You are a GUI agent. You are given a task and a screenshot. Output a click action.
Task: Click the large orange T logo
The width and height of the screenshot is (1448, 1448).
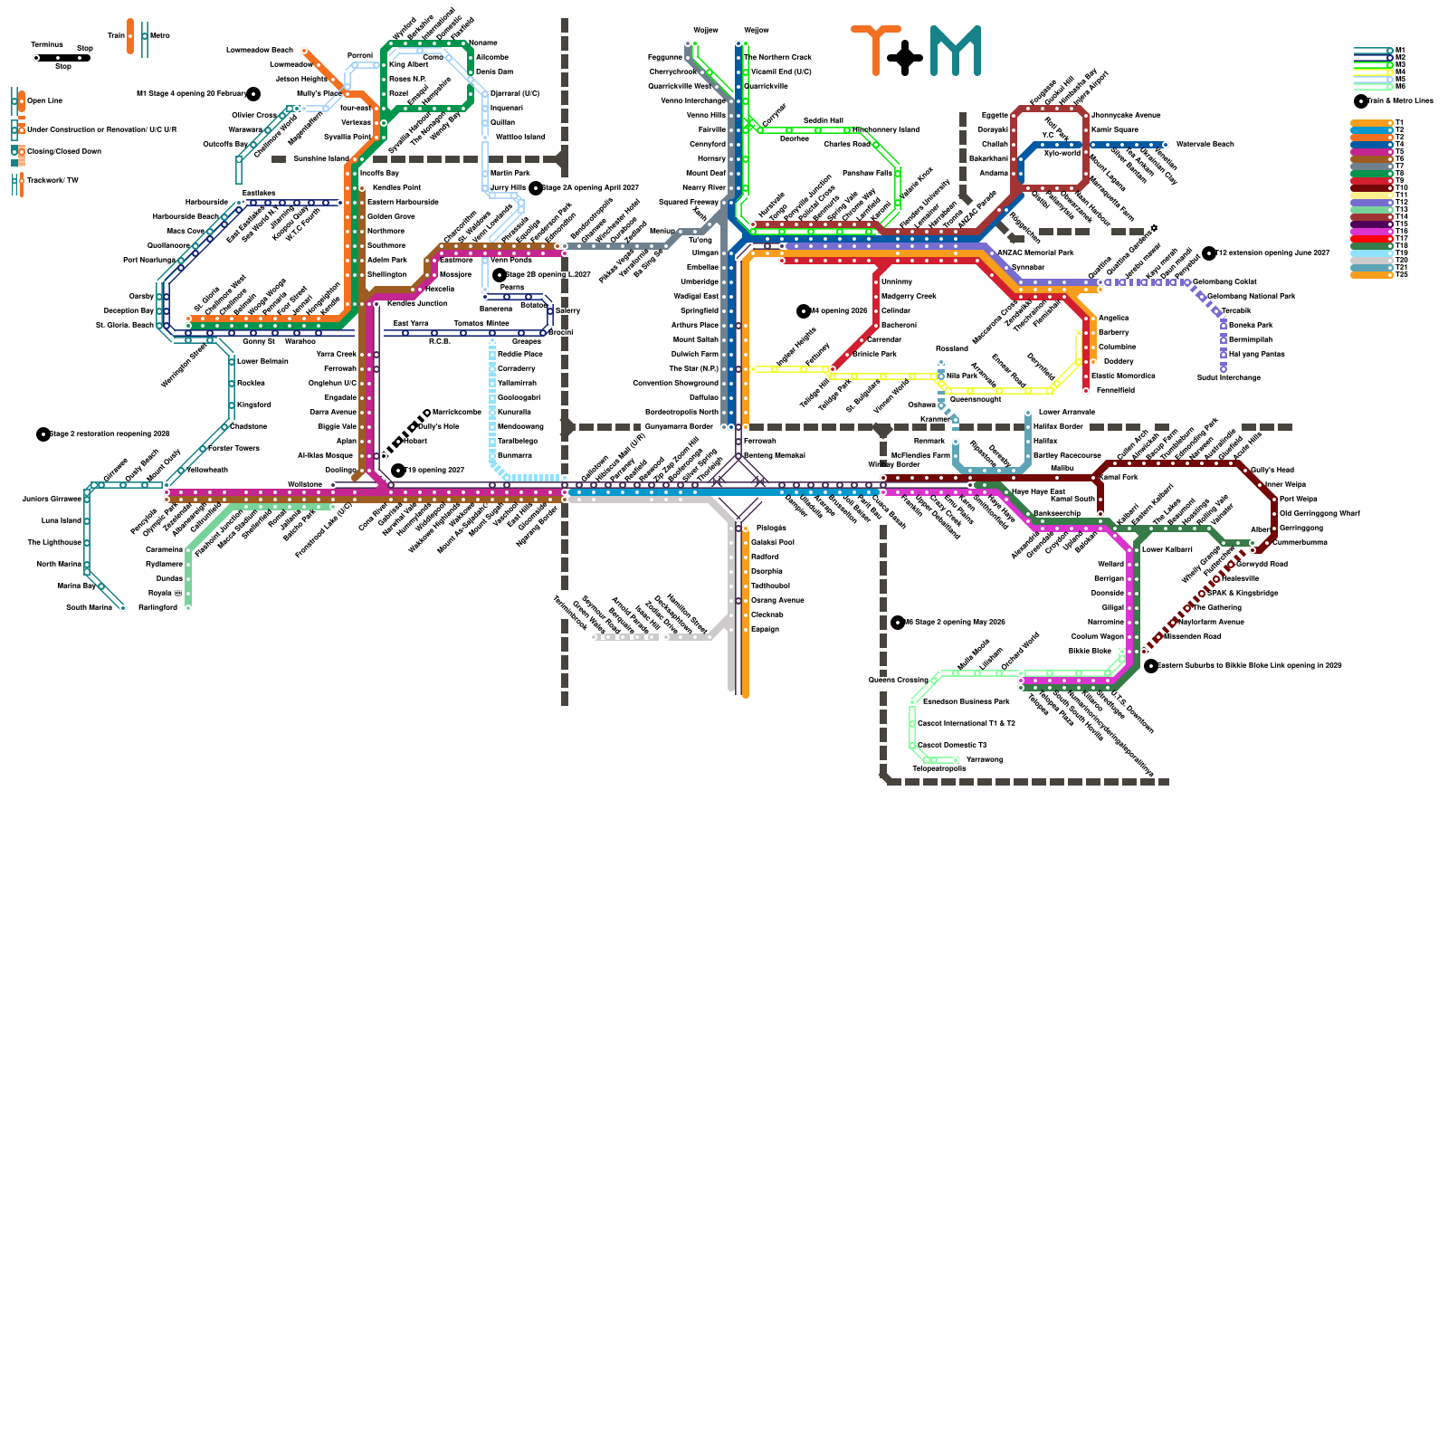[875, 50]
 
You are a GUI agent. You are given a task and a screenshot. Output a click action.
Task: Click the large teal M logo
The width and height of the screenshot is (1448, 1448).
[955, 51]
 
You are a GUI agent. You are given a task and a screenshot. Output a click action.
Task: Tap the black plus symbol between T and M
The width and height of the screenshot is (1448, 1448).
[905, 58]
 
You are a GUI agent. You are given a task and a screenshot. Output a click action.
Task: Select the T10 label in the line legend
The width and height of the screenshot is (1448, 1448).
[1402, 188]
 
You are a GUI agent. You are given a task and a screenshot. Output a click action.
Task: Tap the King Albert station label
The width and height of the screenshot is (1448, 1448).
[408, 65]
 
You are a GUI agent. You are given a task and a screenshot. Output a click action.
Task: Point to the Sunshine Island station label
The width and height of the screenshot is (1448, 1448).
[320, 159]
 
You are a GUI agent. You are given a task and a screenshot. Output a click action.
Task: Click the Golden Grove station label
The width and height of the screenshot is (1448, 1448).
[391, 217]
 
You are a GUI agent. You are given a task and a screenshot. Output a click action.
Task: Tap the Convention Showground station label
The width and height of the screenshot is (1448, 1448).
[675, 384]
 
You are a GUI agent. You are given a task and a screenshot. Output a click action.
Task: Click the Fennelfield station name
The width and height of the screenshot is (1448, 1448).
[1115, 391]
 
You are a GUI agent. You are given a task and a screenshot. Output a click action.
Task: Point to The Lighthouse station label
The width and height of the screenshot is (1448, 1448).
[54, 543]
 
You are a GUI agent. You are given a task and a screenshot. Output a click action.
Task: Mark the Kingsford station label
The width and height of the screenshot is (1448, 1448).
[253, 405]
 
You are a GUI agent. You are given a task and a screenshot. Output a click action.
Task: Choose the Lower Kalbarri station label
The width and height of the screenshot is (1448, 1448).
[1167, 550]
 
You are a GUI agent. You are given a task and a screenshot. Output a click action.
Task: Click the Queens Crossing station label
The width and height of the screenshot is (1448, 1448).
[898, 680]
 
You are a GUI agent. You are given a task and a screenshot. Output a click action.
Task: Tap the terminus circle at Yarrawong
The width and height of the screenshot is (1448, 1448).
[957, 760]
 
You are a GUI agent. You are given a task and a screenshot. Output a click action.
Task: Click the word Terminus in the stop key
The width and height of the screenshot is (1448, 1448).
[47, 44]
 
